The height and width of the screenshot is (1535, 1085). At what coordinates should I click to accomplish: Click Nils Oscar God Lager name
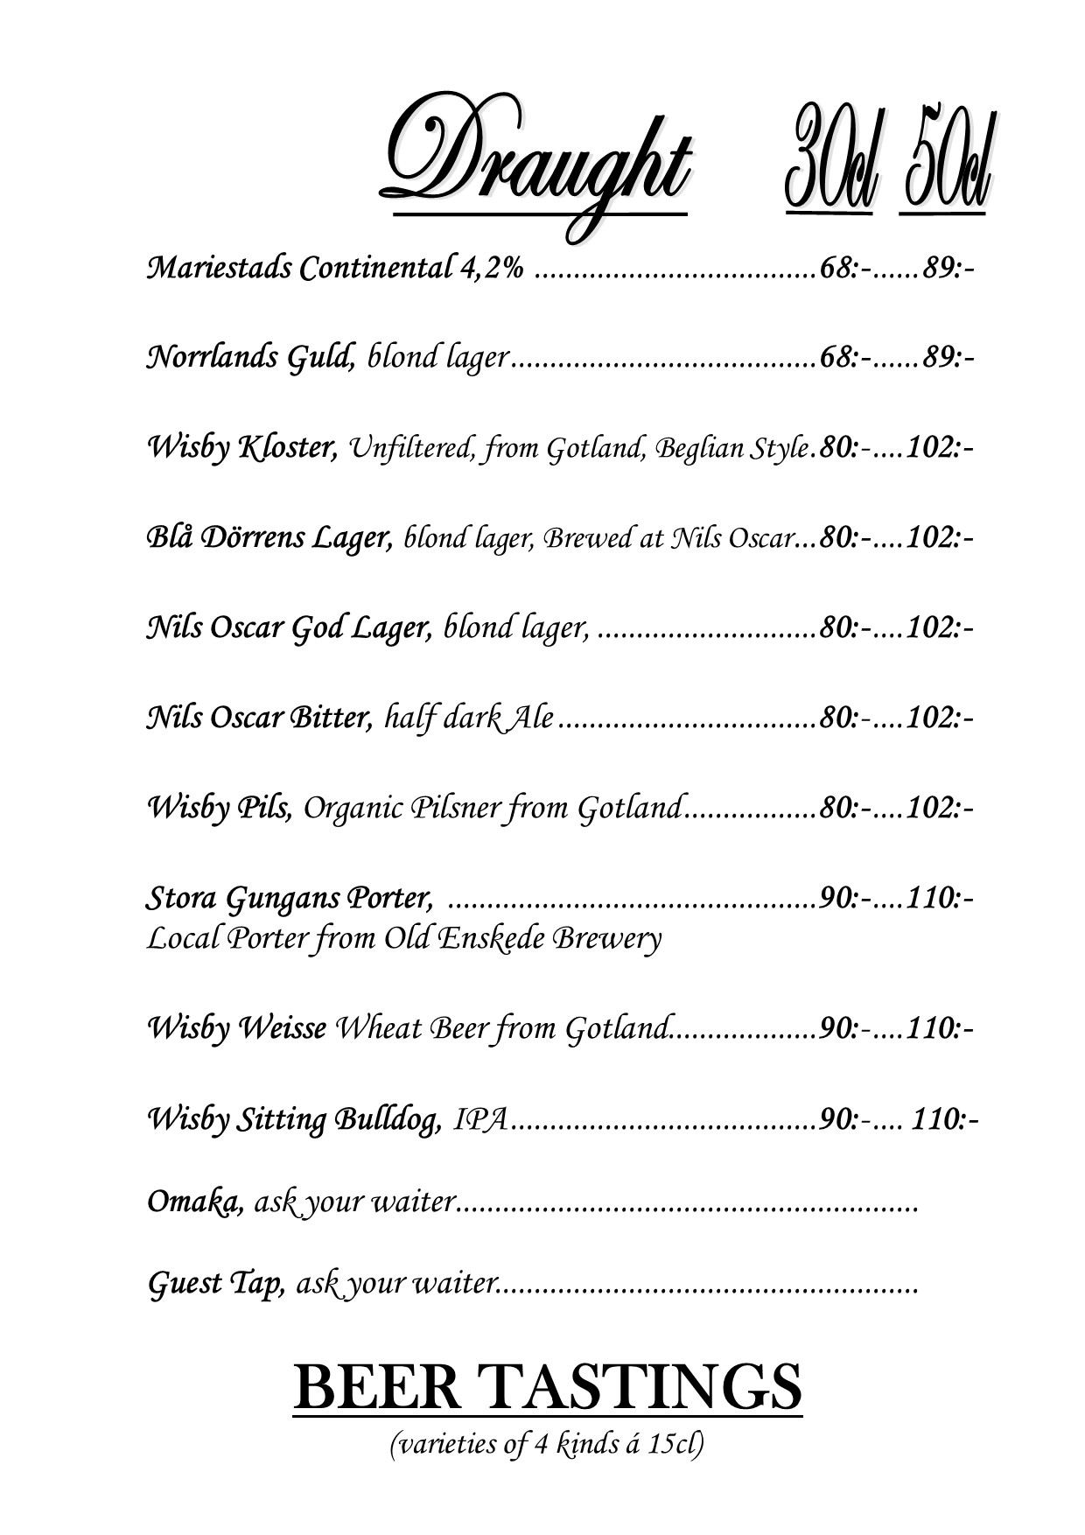pyautogui.click(x=289, y=627)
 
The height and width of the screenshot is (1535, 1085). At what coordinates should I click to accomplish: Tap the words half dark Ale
pyautogui.click(x=469, y=718)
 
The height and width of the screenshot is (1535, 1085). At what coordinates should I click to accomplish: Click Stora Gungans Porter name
pyautogui.click(x=290, y=898)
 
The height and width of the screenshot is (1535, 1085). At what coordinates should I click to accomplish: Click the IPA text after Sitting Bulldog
pyautogui.click(x=481, y=1119)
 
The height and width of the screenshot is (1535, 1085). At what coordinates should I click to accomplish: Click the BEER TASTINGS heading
pyautogui.click(x=547, y=1387)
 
